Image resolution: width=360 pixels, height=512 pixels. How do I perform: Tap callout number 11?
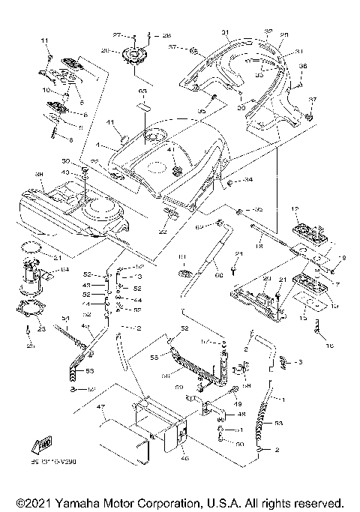pyautogui.click(x=44, y=40)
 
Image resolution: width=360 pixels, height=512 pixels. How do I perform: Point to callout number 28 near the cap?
pyautogui.click(x=166, y=35)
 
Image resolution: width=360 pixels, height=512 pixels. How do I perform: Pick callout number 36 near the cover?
pyautogui.click(x=304, y=67)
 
